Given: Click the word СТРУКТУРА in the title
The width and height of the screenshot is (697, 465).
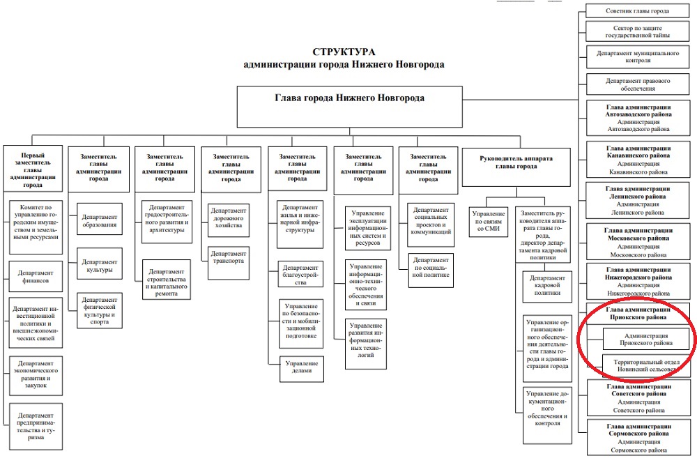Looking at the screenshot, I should (344, 52).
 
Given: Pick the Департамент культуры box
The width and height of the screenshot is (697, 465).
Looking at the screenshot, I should (99, 265).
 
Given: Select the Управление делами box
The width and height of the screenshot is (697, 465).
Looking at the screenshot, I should (301, 369).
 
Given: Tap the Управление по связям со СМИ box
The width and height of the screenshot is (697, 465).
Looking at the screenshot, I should (488, 223).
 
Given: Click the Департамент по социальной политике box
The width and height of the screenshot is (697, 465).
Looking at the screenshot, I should (430, 270).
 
